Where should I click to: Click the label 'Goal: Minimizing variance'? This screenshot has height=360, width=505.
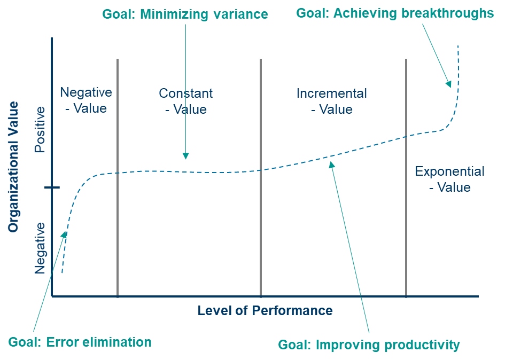(x=185, y=14)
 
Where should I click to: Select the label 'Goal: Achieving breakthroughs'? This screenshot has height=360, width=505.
(x=395, y=13)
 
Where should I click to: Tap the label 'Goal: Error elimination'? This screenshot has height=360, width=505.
(x=80, y=342)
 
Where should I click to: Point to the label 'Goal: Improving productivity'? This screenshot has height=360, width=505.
(x=369, y=345)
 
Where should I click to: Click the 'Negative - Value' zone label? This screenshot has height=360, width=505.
(x=86, y=100)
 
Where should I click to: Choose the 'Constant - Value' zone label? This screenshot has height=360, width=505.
(x=186, y=101)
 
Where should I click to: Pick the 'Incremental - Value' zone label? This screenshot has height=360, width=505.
(x=332, y=101)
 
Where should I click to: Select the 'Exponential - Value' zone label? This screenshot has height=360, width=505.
(x=449, y=179)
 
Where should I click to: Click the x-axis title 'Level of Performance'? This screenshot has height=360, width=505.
(x=265, y=311)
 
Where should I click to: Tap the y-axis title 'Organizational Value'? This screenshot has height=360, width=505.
(x=13, y=167)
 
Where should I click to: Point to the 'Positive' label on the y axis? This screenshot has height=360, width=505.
(x=40, y=129)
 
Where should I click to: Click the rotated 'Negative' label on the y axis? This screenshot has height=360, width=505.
(x=40, y=248)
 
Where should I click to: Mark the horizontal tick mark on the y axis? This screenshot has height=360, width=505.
(x=52, y=187)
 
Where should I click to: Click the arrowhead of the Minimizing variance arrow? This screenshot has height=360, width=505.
(x=185, y=156)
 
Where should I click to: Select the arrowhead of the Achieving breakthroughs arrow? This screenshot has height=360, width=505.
(x=449, y=84)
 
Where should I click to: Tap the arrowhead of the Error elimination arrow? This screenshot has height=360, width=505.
(x=65, y=234)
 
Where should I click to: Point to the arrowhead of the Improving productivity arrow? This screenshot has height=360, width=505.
(x=331, y=165)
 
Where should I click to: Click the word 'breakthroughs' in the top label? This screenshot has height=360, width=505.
(x=448, y=13)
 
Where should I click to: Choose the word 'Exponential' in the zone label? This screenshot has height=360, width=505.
(x=449, y=171)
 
